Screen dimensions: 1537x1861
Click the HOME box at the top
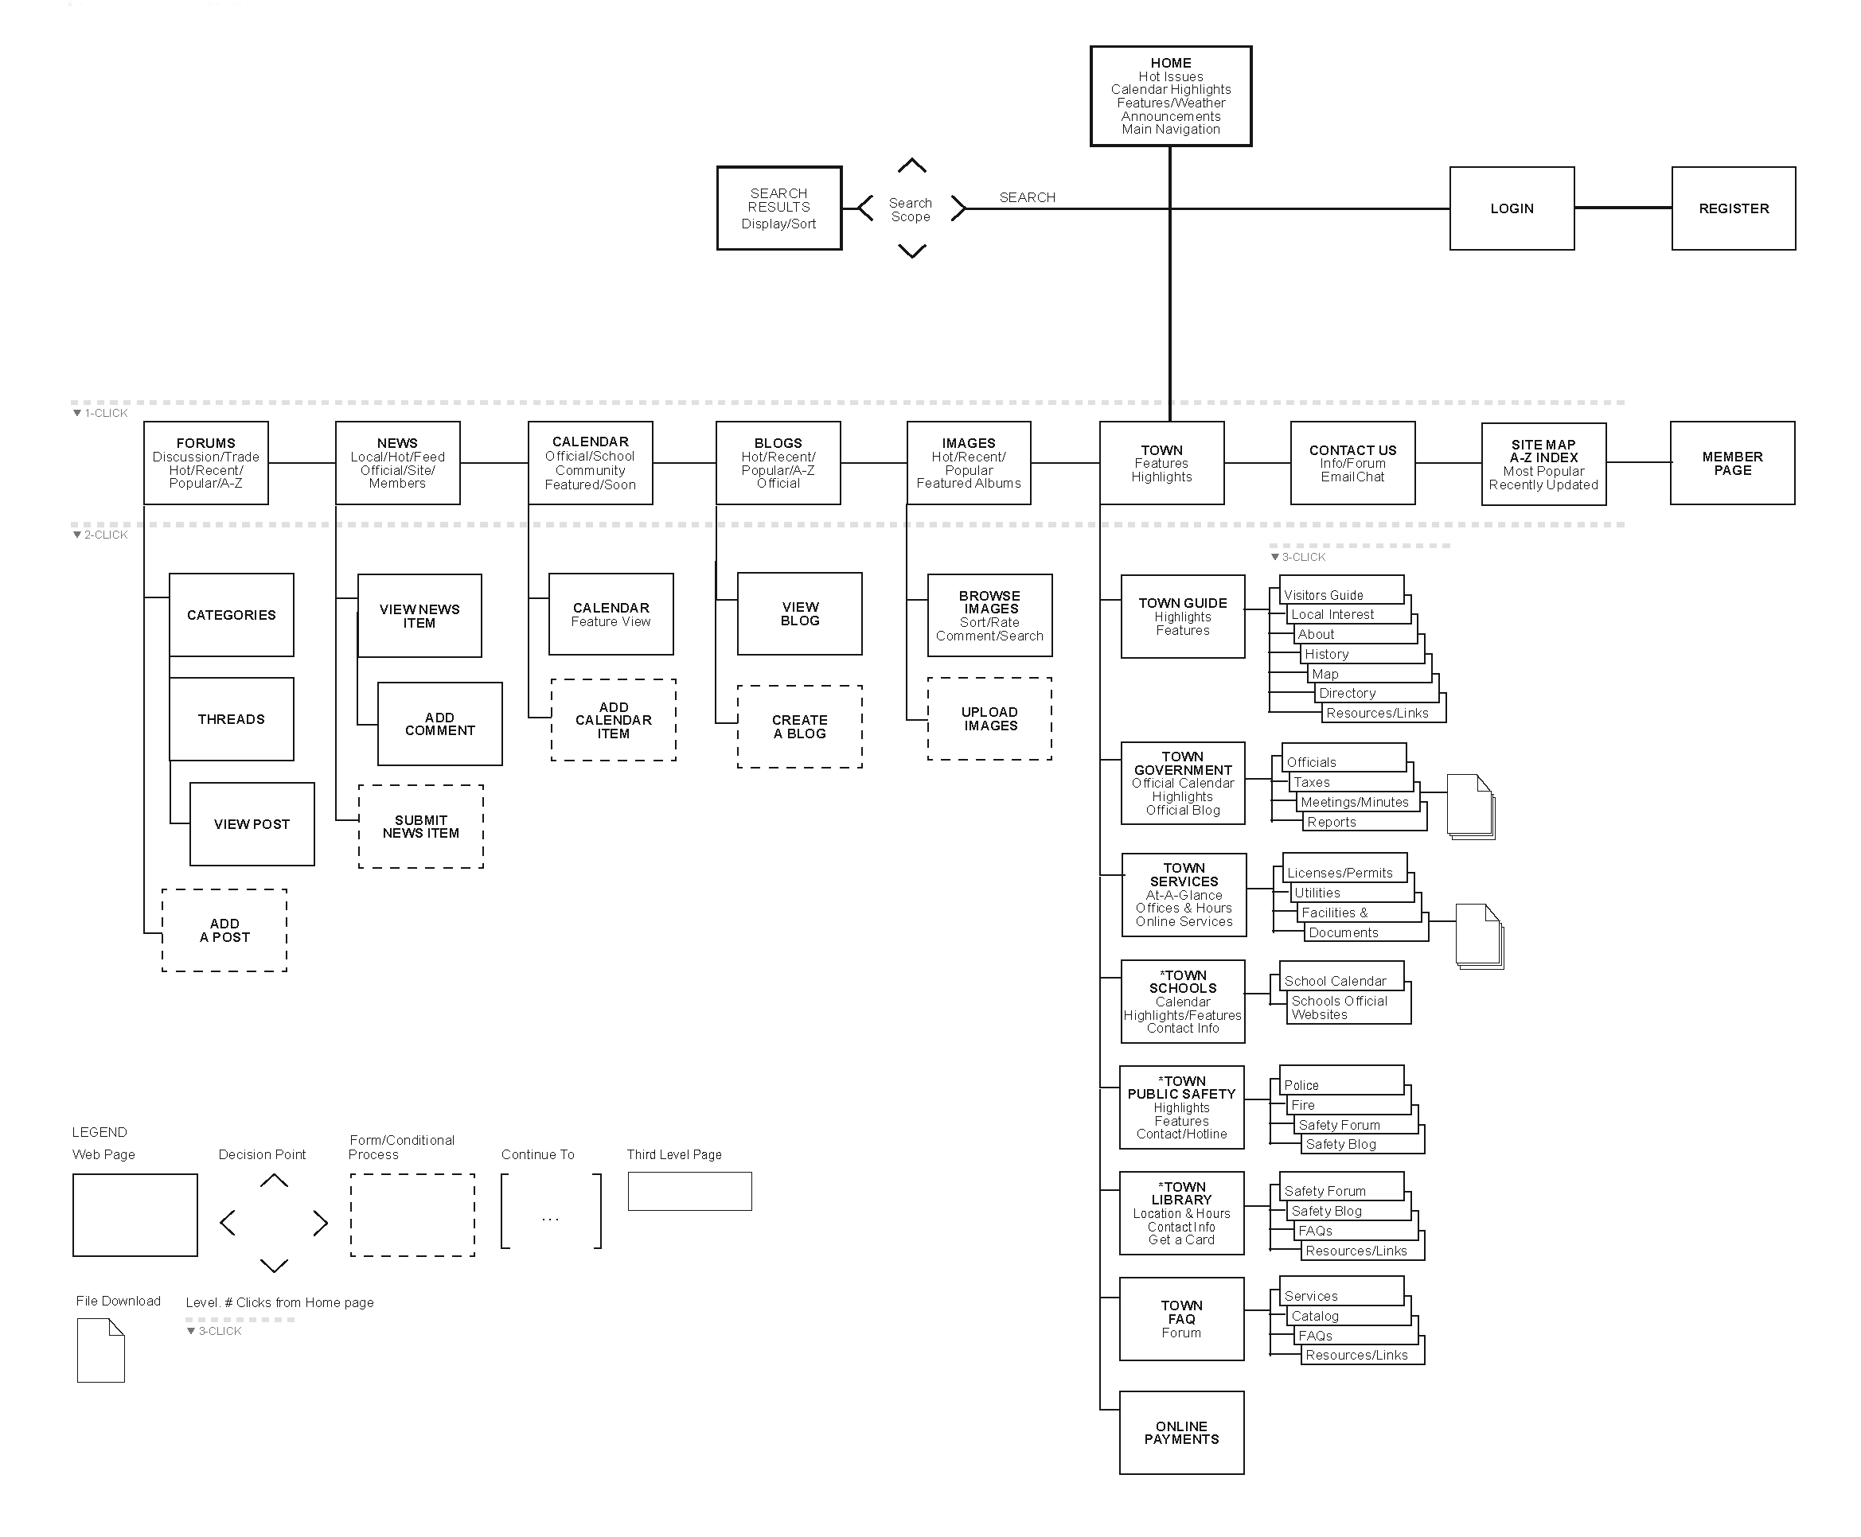(1169, 95)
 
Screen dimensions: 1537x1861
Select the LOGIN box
(1510, 209)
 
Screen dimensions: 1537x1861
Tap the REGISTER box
(1733, 209)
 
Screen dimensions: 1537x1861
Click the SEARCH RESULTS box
(778, 209)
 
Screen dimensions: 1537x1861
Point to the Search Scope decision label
(910, 210)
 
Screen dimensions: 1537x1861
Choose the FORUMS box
(205, 463)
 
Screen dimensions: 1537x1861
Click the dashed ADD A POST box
(224, 931)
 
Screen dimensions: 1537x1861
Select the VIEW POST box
(252, 824)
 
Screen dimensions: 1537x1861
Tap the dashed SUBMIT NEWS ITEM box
(421, 827)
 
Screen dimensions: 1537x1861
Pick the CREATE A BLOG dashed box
(799, 727)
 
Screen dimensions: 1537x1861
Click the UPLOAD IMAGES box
(989, 719)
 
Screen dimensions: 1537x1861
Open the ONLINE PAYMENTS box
(1180, 1433)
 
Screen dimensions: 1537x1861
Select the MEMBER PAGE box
(1732, 463)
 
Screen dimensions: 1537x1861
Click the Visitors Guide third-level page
(1324, 595)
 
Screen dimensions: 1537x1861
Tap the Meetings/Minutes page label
(1353, 802)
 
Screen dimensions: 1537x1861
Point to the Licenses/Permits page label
(1340, 873)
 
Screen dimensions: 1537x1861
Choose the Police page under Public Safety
(1301, 1085)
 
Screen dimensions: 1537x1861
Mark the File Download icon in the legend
(100, 1350)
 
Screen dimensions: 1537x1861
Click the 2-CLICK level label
(105, 535)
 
